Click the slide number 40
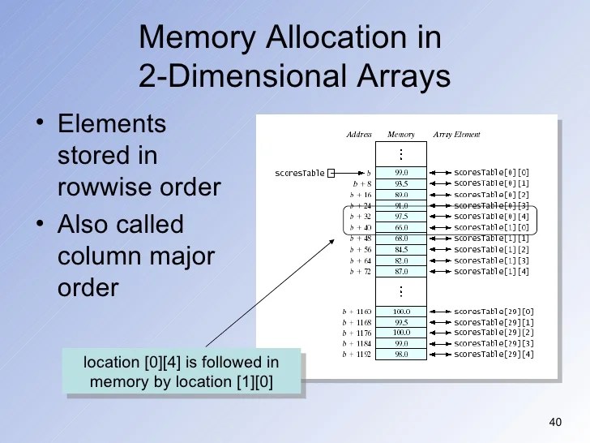[555, 421]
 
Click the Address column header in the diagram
[359, 135]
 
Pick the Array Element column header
[457, 135]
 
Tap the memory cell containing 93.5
[401, 183]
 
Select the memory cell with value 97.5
[401, 217]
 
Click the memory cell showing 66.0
[401, 228]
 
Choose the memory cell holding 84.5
[401, 250]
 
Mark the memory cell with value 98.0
[401, 355]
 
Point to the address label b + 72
[360, 272]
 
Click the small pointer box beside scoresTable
[331, 173]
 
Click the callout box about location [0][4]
[182, 372]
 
